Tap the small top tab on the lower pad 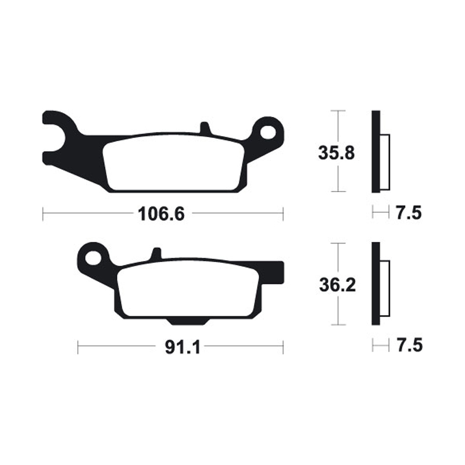pos(156,255)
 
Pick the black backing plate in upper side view pos(375,151)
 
